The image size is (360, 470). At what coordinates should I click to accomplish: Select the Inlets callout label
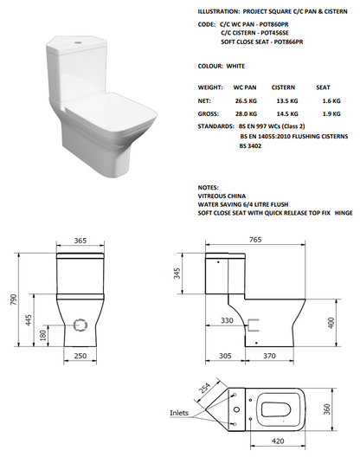pos(179,413)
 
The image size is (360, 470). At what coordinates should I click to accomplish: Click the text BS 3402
pos(252,147)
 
